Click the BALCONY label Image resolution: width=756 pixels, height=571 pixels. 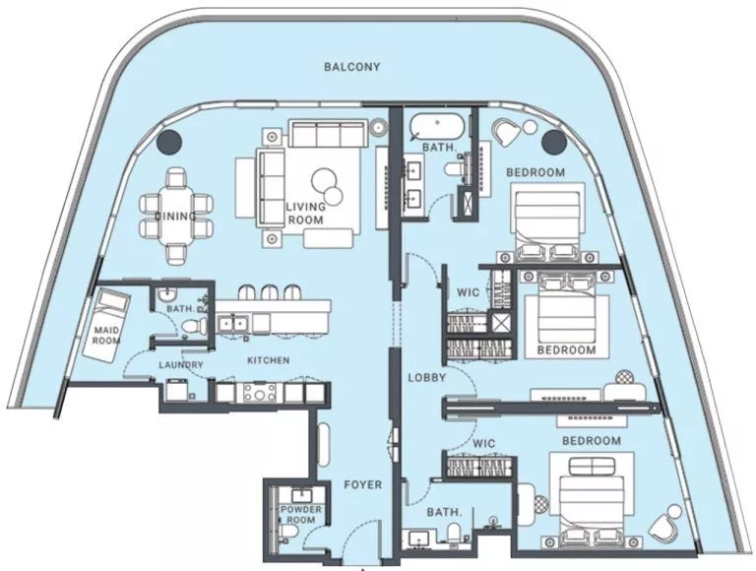pyautogui.click(x=351, y=67)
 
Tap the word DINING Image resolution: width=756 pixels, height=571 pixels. pyautogui.click(x=175, y=216)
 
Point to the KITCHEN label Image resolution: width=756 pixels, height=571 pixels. pyautogui.click(x=268, y=360)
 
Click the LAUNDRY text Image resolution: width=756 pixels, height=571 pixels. pyautogui.click(x=180, y=365)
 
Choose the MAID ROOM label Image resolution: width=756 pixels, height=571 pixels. pyautogui.click(x=106, y=334)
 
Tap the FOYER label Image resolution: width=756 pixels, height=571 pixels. pyautogui.click(x=363, y=485)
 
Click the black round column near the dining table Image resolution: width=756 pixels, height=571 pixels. pyautogui.click(x=168, y=142)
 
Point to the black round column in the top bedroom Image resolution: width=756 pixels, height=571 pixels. pyautogui.click(x=553, y=143)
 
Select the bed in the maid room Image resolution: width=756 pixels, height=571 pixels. pyautogui.click(x=109, y=312)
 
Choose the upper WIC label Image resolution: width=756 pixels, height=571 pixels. pyautogui.click(x=467, y=292)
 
